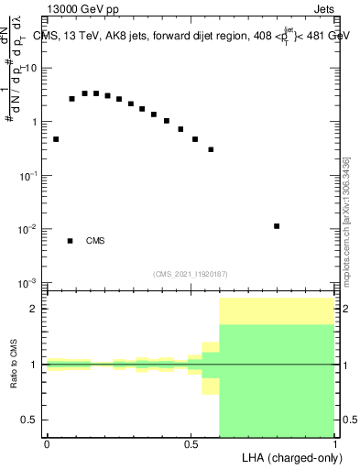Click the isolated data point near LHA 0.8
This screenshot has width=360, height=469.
pyautogui.click(x=277, y=225)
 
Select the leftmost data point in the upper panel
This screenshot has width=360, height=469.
pyautogui.click(x=56, y=139)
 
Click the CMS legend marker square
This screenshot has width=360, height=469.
pyautogui.click(x=70, y=241)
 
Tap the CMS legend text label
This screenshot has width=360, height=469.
pyautogui.click(x=95, y=241)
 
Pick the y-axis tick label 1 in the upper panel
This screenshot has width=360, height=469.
pyautogui.click(x=35, y=122)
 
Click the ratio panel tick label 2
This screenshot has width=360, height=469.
pyautogui.click(x=35, y=309)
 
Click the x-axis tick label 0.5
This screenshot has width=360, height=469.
pyautogui.click(x=191, y=443)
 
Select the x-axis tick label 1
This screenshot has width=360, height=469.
pyautogui.click(x=335, y=443)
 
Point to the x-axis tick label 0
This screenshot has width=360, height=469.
pyautogui.click(x=47, y=443)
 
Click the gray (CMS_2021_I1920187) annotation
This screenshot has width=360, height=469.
pyautogui.click(x=191, y=273)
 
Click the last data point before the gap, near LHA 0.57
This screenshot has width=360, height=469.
pyautogui.click(x=211, y=149)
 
